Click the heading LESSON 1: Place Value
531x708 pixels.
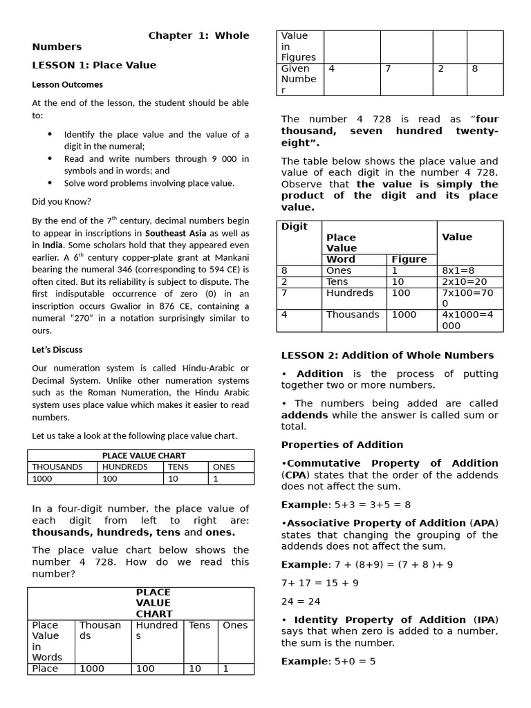[94, 65]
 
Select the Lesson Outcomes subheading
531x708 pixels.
[67, 84]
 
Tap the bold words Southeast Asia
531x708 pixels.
[176, 233]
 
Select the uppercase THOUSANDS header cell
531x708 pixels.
[57, 467]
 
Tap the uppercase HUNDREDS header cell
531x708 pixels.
[124, 467]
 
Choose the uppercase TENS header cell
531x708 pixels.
[178, 467]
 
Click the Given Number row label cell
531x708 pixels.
[299, 79]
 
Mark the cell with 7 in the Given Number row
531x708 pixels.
[389, 68]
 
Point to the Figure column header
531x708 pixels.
[409, 259]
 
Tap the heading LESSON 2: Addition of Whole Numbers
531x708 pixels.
[387, 355]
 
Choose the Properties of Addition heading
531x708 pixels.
[342, 445]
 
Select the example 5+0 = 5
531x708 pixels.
[353, 662]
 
